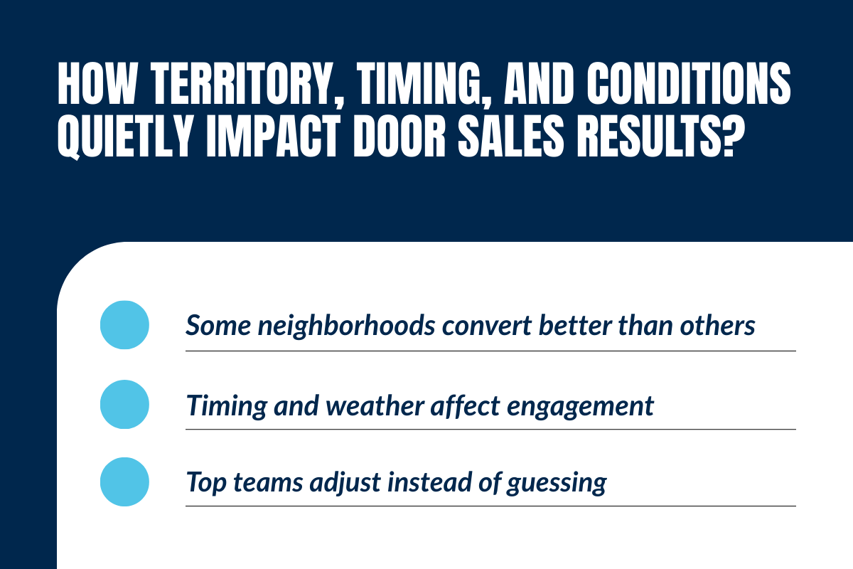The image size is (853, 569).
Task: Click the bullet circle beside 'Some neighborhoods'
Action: (125, 325)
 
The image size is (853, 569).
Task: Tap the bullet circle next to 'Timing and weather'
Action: (125, 404)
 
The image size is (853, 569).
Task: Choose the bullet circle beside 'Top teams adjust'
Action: (125, 482)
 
